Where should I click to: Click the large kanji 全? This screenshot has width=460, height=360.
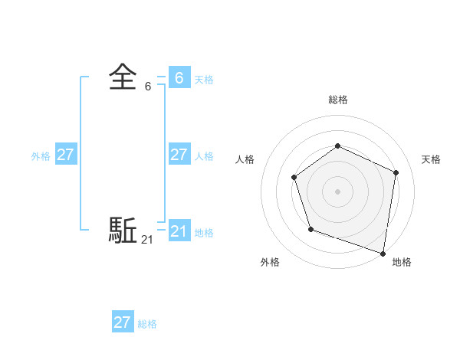(123, 78)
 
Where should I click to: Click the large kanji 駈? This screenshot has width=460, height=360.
(123, 230)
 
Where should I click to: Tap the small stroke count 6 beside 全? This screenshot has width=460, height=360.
(148, 87)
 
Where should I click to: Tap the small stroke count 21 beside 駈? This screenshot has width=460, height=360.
(147, 240)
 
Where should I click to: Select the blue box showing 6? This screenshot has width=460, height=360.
(179, 78)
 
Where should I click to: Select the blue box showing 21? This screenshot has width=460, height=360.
(179, 231)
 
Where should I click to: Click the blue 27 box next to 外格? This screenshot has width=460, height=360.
(65, 155)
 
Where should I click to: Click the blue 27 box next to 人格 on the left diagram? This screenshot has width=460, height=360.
(179, 155)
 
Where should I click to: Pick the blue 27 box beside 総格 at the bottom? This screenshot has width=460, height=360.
(123, 322)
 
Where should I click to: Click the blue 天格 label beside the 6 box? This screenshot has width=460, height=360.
(204, 80)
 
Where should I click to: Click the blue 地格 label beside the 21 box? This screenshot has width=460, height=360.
(204, 233)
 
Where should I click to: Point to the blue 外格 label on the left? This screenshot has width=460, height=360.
(41, 156)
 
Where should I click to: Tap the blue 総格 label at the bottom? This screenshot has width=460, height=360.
(147, 324)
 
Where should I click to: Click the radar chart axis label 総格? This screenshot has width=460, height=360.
(337, 100)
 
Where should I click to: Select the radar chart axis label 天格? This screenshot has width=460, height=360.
(431, 159)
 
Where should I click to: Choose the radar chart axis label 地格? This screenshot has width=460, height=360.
(402, 262)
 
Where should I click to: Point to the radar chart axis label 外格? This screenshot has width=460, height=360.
(270, 262)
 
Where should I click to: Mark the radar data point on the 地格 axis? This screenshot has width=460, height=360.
(383, 252)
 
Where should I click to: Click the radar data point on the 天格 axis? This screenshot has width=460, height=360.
(396, 172)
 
